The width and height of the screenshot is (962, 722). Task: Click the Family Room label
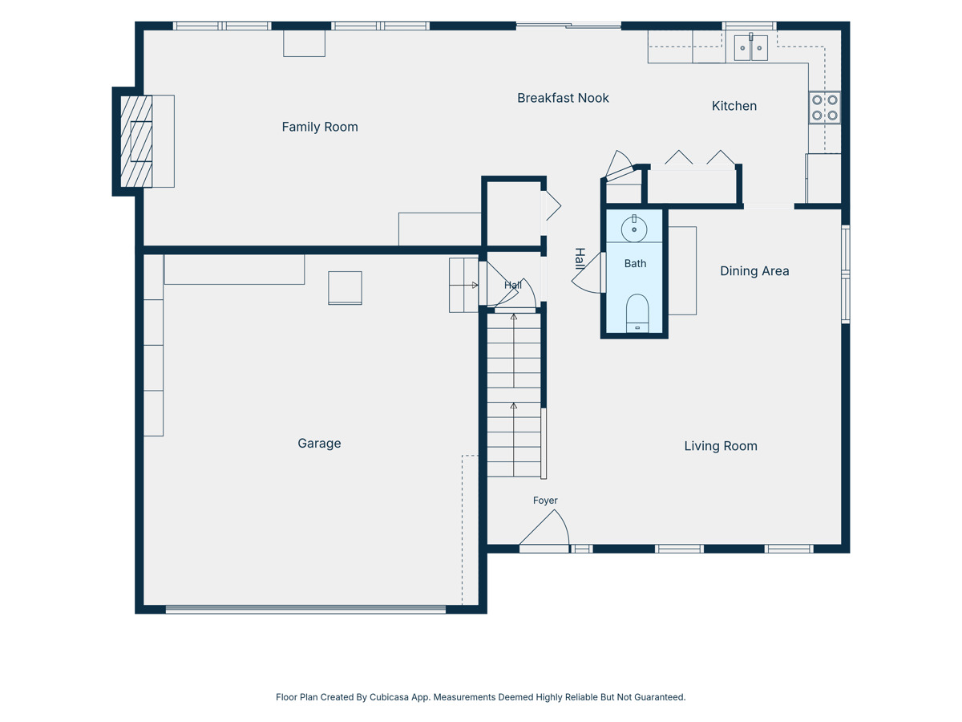click(x=320, y=127)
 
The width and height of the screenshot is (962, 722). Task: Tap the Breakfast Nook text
click(x=563, y=98)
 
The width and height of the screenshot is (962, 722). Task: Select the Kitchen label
click(x=734, y=106)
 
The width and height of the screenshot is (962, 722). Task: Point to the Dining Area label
click(x=754, y=271)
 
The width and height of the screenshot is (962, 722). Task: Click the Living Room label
click(x=721, y=446)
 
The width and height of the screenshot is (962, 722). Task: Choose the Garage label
click(x=319, y=443)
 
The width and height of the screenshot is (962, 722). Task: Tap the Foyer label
click(x=545, y=500)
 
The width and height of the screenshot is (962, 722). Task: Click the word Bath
click(x=635, y=263)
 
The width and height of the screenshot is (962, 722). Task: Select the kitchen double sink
click(x=750, y=48)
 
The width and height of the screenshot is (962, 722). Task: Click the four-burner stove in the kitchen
click(x=824, y=107)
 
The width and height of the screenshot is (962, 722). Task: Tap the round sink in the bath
click(x=634, y=229)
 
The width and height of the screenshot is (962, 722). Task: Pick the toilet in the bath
click(x=637, y=313)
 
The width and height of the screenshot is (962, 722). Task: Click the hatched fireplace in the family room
click(x=136, y=141)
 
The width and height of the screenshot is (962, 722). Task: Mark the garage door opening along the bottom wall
click(x=305, y=609)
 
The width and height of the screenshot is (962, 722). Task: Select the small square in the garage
click(x=345, y=287)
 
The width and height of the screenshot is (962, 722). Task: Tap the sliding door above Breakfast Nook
click(x=568, y=26)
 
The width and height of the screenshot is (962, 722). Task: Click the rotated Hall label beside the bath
click(x=580, y=258)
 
